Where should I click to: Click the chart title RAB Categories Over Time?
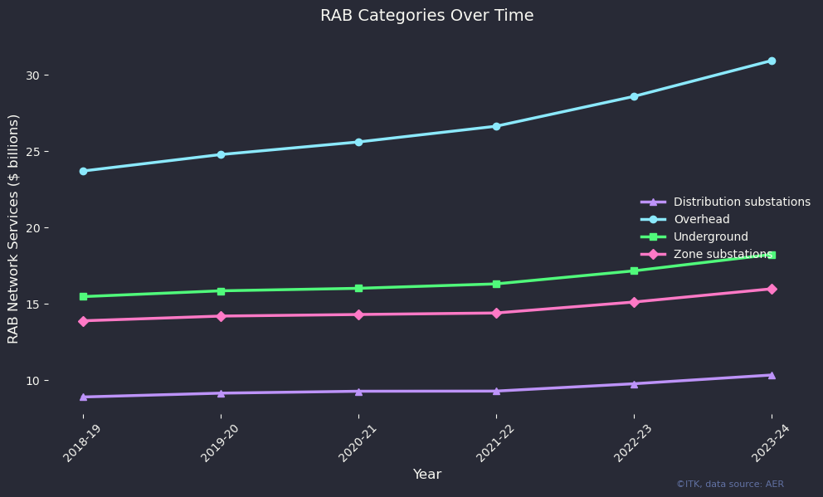click(x=426, y=16)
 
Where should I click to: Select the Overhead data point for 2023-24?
click(x=772, y=61)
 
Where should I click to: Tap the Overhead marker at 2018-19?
click(x=83, y=171)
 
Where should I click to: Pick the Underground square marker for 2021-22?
click(x=496, y=284)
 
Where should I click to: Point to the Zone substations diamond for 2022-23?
click(x=634, y=302)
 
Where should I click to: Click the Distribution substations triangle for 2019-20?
click(x=221, y=393)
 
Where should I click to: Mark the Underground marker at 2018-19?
click(x=83, y=296)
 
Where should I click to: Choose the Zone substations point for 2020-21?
click(x=358, y=314)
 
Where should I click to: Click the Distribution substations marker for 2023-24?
click(x=772, y=375)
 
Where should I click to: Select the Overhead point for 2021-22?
click(x=496, y=126)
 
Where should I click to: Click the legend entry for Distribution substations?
click(x=742, y=202)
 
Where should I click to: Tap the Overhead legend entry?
click(x=701, y=219)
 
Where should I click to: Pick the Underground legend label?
click(x=710, y=236)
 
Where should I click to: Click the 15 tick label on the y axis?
click(x=32, y=305)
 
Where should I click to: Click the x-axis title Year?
click(x=427, y=475)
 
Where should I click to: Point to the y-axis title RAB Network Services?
click(x=13, y=228)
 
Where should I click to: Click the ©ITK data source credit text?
click(x=729, y=484)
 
